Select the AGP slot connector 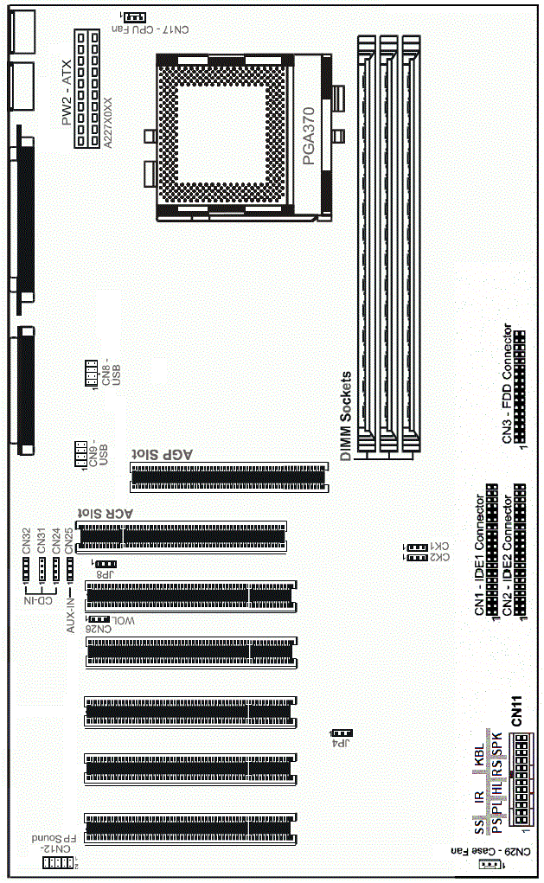[228, 474]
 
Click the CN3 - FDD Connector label [508, 384]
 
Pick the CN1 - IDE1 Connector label [480, 554]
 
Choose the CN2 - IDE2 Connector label [508, 554]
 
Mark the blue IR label [478, 795]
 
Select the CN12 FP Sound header [59, 862]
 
